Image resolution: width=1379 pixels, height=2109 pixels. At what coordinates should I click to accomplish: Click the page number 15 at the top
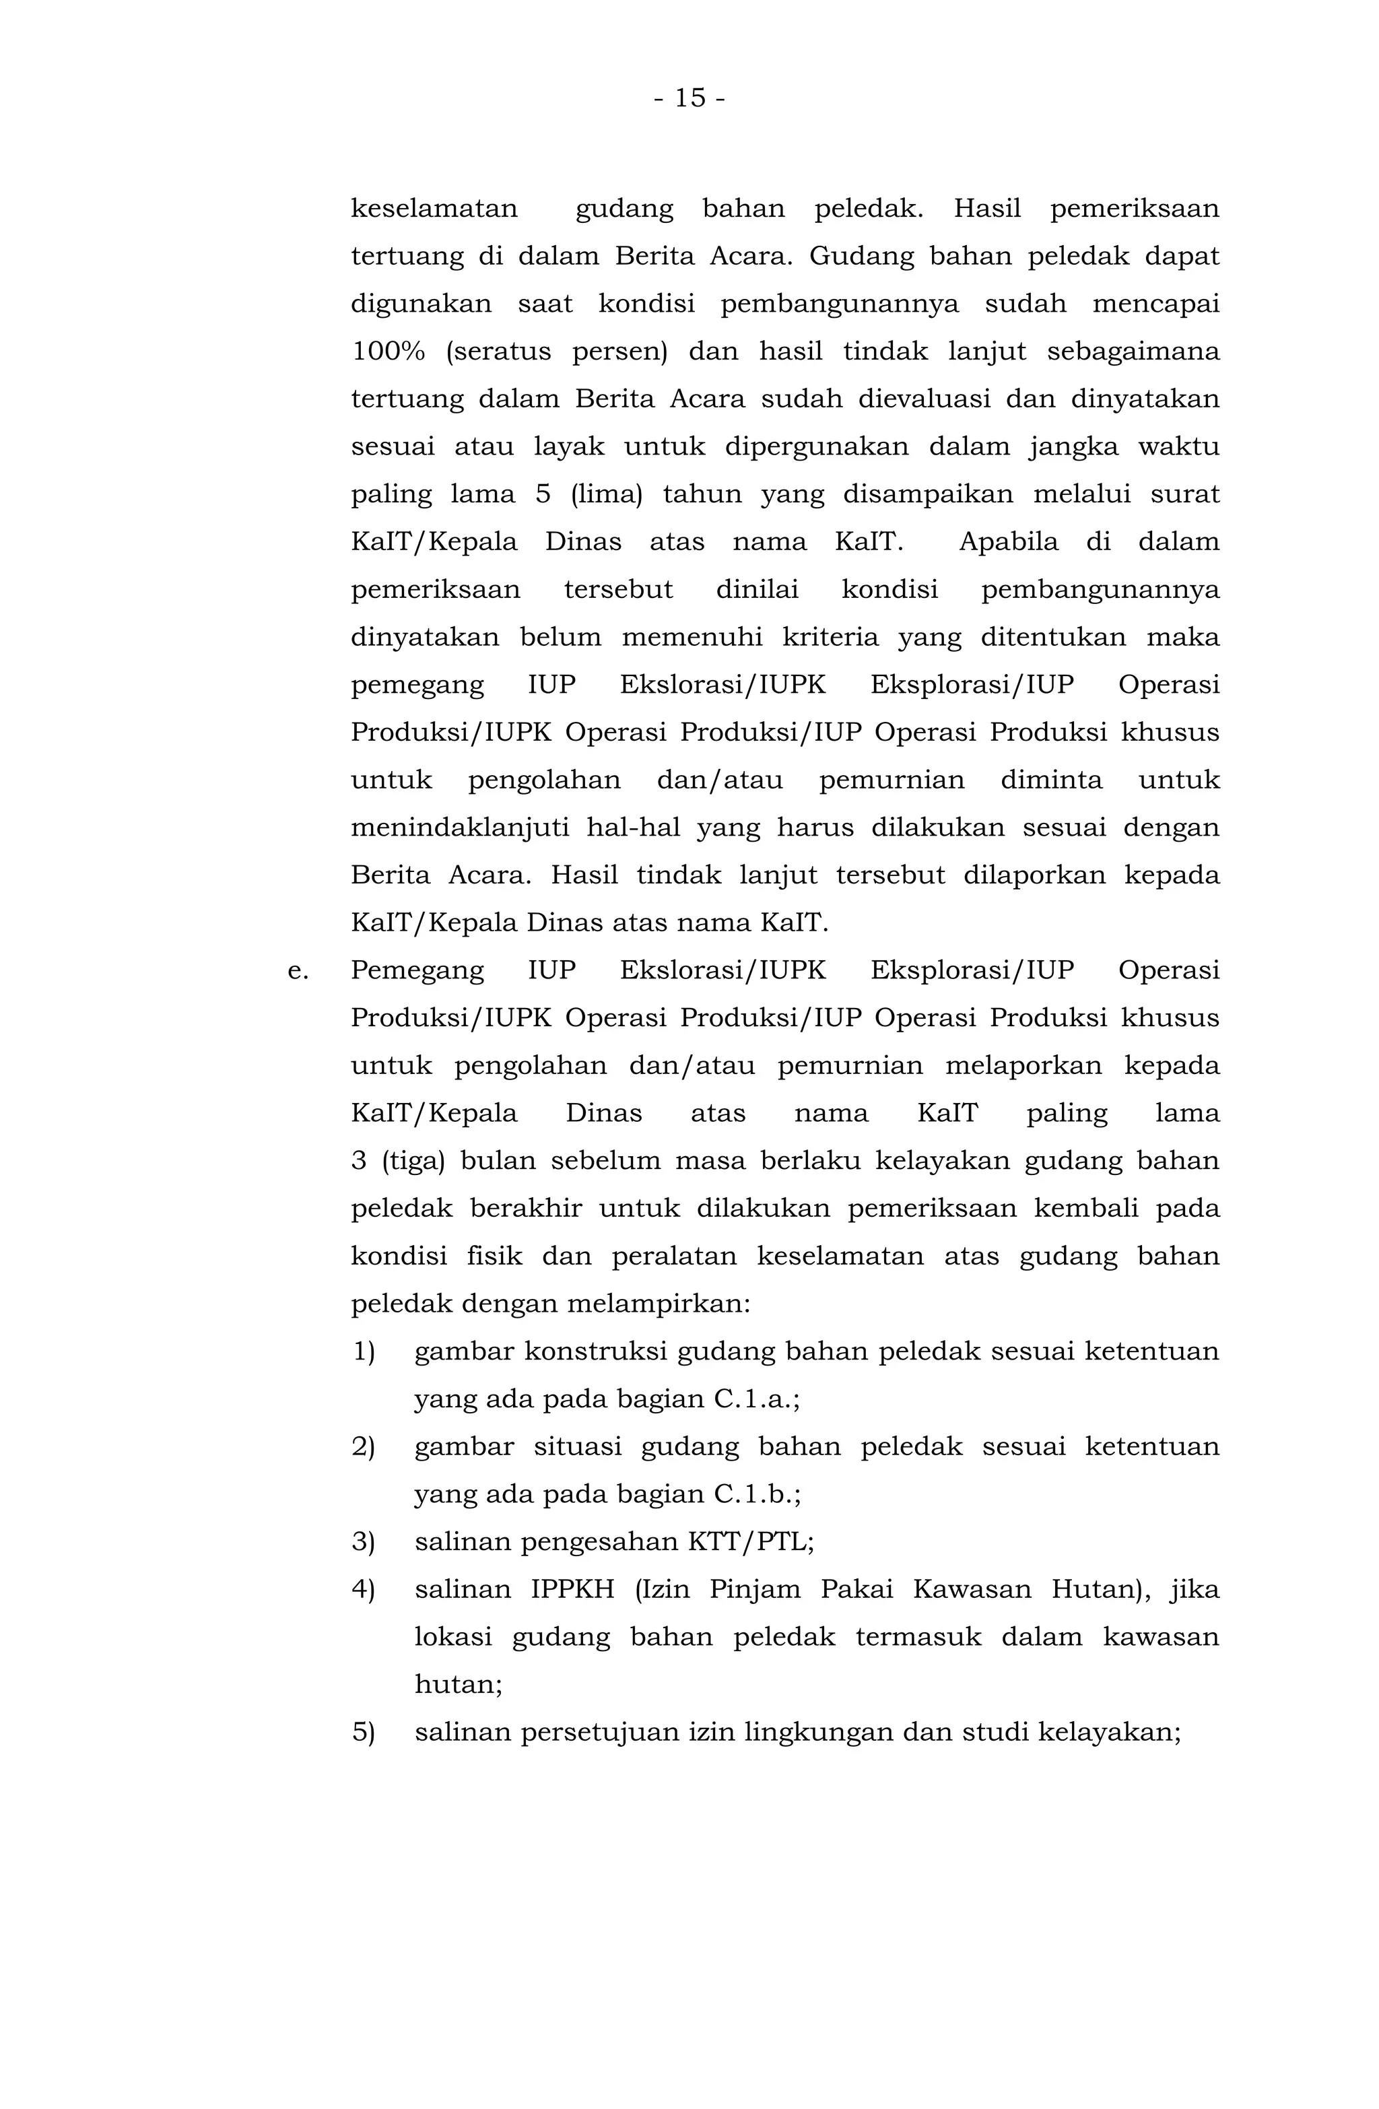pos(689,98)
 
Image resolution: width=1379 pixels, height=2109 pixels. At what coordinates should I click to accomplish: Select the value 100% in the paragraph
pos(388,351)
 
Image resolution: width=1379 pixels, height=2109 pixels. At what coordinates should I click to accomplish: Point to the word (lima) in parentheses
pos(607,494)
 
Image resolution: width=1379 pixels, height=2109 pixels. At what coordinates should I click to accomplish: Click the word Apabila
pos(1009,542)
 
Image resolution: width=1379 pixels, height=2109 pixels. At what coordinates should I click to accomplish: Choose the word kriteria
pos(830,637)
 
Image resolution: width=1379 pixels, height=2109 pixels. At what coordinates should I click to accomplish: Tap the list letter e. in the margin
pos(298,970)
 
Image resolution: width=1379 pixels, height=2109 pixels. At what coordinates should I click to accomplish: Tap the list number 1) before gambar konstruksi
pos(364,1352)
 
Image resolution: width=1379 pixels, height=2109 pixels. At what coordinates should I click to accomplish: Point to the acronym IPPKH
pos(572,1590)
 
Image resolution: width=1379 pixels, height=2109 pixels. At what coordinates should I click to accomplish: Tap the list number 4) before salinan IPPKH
pos(364,1590)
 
